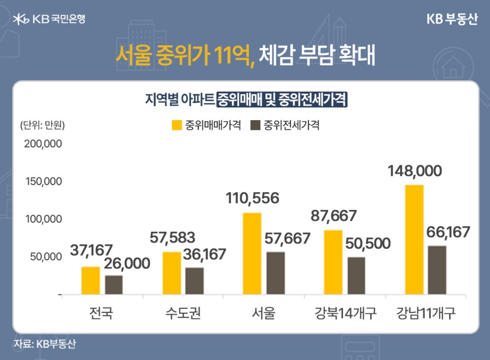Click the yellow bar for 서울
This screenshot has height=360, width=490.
pyautogui.click(x=252, y=253)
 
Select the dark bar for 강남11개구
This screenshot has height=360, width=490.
pyautogui.click(x=437, y=270)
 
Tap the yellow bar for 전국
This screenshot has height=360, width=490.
pyautogui.click(x=91, y=280)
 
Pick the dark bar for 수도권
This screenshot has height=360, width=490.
pyautogui.click(x=194, y=281)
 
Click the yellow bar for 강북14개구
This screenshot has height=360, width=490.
pyautogui.click(x=333, y=262)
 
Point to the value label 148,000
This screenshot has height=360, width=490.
pyautogui.click(x=415, y=171)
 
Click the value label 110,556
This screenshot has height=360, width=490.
pyautogui.click(x=252, y=198)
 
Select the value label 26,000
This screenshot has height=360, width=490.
pyautogui.click(x=127, y=263)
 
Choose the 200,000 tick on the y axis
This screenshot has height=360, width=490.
pyautogui.click(x=43, y=143)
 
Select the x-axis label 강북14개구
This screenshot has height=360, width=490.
pyautogui.click(x=344, y=313)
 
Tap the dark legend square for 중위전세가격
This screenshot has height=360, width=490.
pyautogui.click(x=255, y=125)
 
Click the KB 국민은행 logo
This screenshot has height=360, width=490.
pyautogui.click(x=49, y=19)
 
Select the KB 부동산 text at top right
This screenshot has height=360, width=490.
pyautogui.click(x=452, y=19)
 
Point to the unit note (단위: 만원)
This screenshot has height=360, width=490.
pyautogui.click(x=43, y=125)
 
